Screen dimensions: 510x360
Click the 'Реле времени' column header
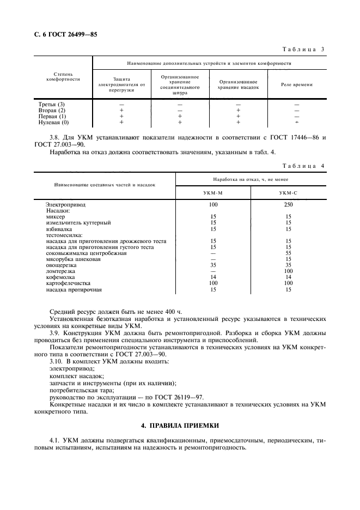(296, 85)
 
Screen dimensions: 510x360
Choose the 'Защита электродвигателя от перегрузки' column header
(121, 84)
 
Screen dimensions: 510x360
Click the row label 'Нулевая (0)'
(53, 123)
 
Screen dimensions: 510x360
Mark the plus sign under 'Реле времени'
(296, 123)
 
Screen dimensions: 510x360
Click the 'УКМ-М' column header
(213, 193)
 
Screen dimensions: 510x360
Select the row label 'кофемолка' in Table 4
(61, 277)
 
